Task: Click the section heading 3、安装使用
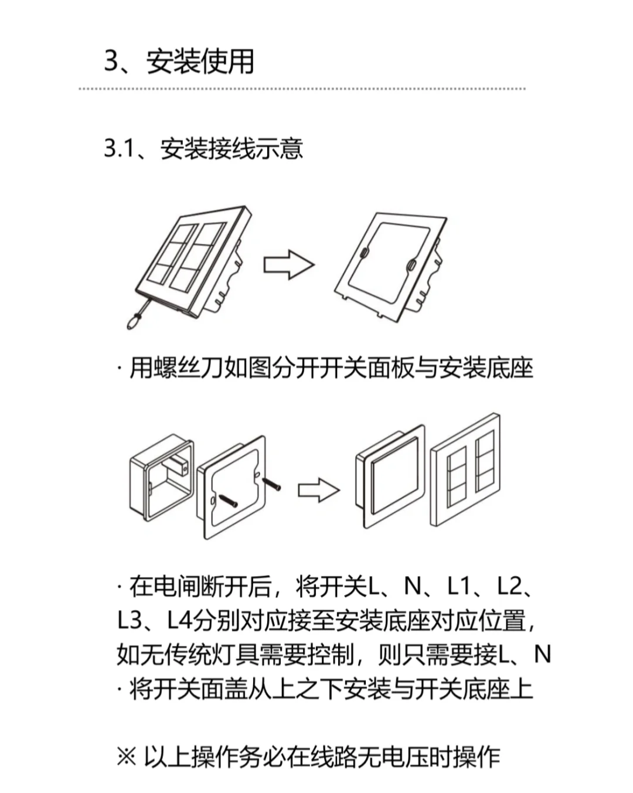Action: pyautogui.click(x=179, y=61)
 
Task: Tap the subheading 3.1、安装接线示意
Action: pyautogui.click(x=203, y=149)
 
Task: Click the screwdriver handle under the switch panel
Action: pyautogui.click(x=134, y=321)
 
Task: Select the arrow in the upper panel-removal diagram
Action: pyautogui.click(x=288, y=265)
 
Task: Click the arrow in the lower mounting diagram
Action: pyautogui.click(x=318, y=490)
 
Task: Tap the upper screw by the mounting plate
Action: pyautogui.click(x=271, y=484)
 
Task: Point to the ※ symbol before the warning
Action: pyautogui.click(x=126, y=757)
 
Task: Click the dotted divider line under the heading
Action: pyautogui.click(x=302, y=89)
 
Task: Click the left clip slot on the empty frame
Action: pyautogui.click(x=364, y=253)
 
